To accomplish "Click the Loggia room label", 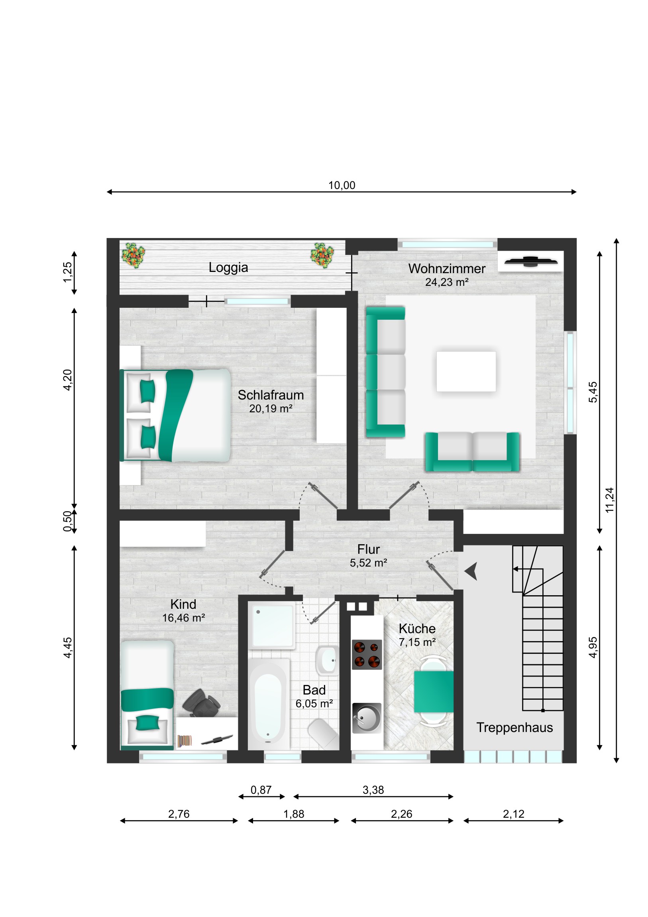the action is [x=228, y=268].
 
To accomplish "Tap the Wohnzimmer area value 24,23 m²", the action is [x=446, y=282].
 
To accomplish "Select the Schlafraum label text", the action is [x=271, y=395].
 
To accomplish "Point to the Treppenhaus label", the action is [x=514, y=728].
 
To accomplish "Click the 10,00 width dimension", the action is [x=342, y=185].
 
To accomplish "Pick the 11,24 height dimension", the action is [x=609, y=500].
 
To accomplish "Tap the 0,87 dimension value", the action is [x=261, y=790].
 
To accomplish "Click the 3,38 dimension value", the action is [x=373, y=790].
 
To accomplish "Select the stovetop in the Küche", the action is [x=367, y=655].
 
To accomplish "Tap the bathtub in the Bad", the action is [x=268, y=705].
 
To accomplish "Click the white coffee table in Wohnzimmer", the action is [x=466, y=372].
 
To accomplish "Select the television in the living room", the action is [x=530, y=262].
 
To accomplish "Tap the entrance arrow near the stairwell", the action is [x=471, y=571].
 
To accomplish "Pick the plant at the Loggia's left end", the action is [x=133, y=255].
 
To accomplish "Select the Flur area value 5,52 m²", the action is [x=368, y=563].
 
